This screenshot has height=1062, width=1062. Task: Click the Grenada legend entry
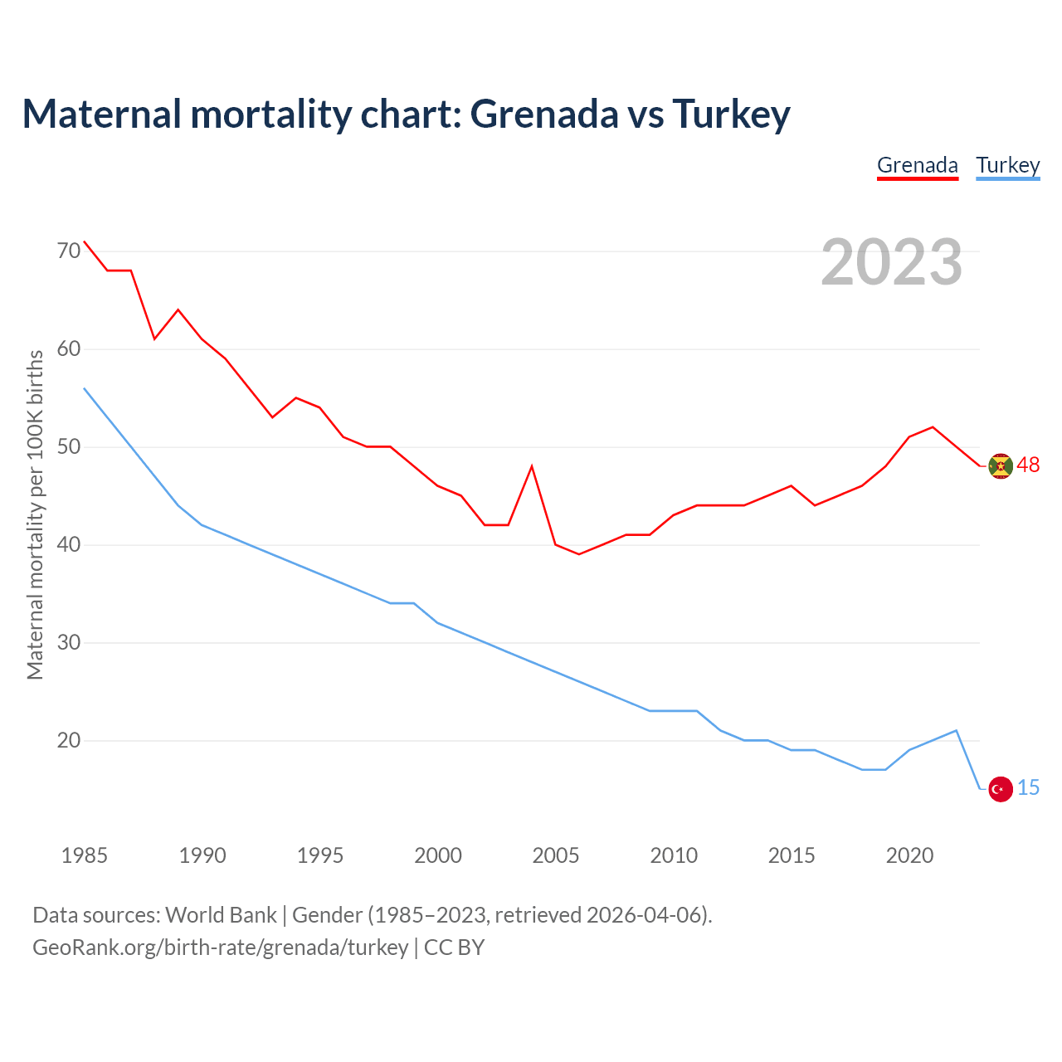click(x=917, y=165)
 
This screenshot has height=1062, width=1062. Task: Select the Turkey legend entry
click(x=1007, y=165)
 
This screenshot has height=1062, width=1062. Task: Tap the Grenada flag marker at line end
click(x=1001, y=466)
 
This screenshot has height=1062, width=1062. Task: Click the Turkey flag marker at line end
click(x=1001, y=789)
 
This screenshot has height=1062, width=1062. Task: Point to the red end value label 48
click(x=1028, y=465)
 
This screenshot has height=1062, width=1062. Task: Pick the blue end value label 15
click(x=1028, y=788)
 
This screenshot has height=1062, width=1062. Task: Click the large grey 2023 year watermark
click(x=891, y=262)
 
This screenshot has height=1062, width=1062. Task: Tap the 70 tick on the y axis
click(x=69, y=250)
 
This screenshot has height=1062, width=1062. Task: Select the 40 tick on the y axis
click(x=69, y=544)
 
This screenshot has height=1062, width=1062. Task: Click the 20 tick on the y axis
click(x=69, y=740)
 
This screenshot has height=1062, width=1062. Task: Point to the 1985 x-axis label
click(x=84, y=855)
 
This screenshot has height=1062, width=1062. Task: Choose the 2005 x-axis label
click(x=555, y=855)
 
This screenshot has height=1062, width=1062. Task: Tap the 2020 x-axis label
click(x=909, y=855)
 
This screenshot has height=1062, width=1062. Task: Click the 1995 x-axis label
click(x=319, y=855)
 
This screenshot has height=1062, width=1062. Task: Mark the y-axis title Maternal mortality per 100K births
click(x=35, y=514)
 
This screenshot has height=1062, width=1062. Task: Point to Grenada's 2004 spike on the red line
click(x=532, y=466)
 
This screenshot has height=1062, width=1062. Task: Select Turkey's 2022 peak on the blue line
click(x=957, y=731)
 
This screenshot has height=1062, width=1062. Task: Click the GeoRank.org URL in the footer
click(x=220, y=948)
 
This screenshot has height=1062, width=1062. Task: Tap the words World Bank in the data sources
click(x=221, y=915)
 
